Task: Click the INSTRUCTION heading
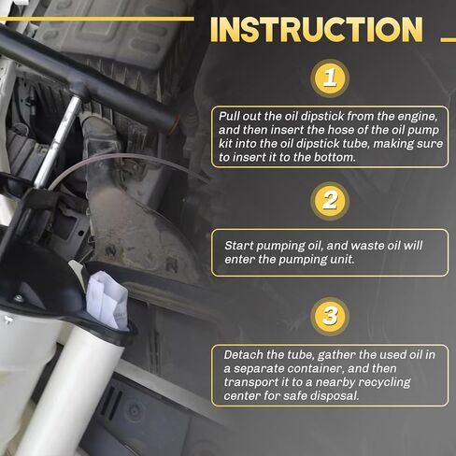pyautogui.click(x=317, y=29)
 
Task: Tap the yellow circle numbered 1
pyautogui.click(x=330, y=78)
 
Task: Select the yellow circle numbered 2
pyautogui.click(x=330, y=201)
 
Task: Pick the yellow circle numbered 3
pyautogui.click(x=330, y=316)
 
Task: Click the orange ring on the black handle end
pyautogui.click(x=176, y=124)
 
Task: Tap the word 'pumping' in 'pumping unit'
pyautogui.click(x=302, y=260)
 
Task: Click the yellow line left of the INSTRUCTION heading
pyautogui.click(x=97, y=19)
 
